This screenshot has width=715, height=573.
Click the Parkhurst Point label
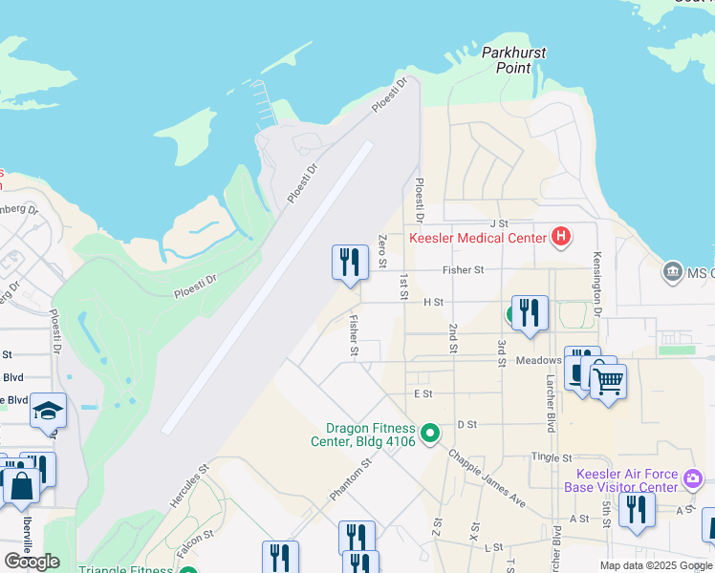(514, 60)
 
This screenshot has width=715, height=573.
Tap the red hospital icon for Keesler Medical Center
(561, 238)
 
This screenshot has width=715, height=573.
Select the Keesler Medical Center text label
(478, 239)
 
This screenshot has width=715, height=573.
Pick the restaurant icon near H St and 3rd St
(530, 313)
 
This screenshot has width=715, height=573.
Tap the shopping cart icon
(608, 382)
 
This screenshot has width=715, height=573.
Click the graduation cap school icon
(48, 411)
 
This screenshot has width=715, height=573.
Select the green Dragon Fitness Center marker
(430, 435)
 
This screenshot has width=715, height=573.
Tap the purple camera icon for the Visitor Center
(694, 476)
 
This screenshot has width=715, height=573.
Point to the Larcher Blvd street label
(551, 407)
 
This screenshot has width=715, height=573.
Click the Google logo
(32, 562)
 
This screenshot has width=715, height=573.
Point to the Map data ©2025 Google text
(655, 565)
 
